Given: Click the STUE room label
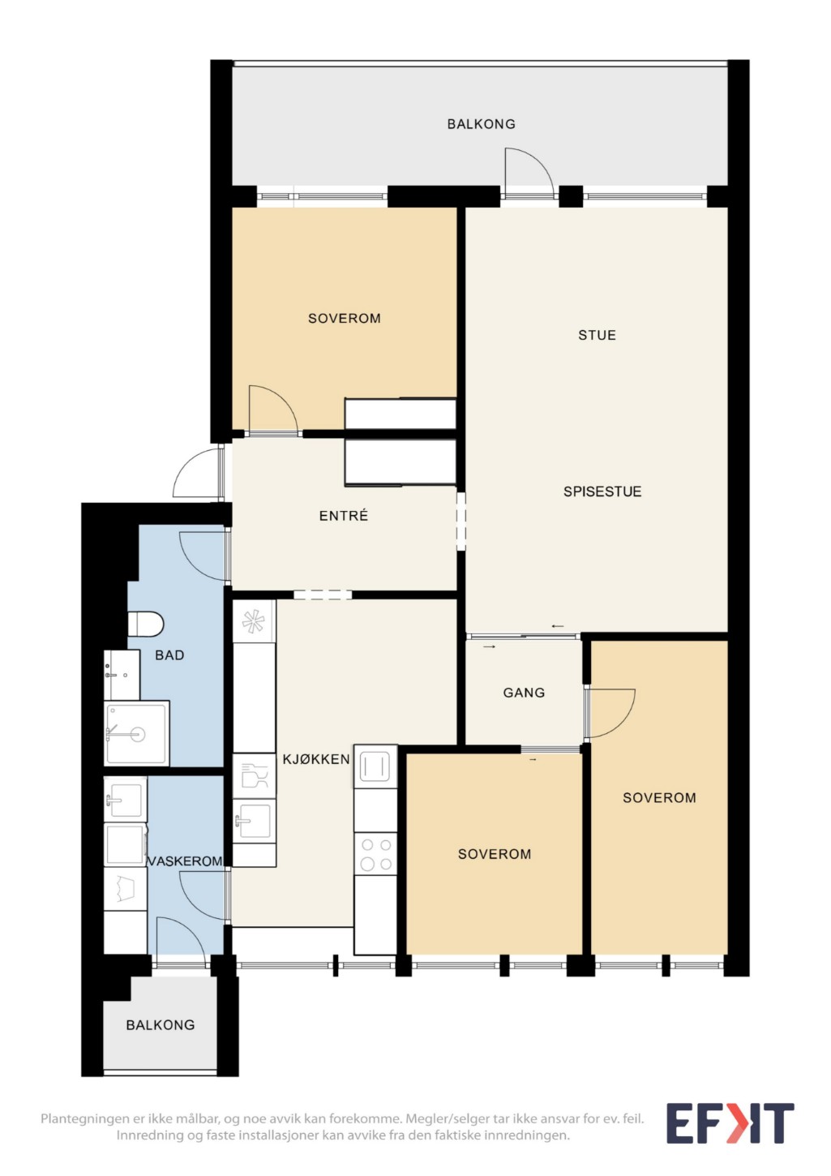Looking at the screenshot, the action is [x=597, y=335].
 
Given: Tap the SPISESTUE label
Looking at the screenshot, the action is [x=602, y=491].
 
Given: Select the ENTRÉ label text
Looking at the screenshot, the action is [x=343, y=516].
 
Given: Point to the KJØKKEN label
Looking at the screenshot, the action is [x=316, y=759].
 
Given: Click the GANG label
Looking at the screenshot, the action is [x=524, y=693].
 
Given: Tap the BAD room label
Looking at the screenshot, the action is [x=169, y=655].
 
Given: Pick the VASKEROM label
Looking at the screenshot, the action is [x=185, y=861].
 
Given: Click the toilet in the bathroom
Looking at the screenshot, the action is [x=145, y=624].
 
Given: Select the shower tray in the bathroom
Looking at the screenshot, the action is [x=136, y=733].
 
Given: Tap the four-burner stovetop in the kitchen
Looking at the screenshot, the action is [x=375, y=854].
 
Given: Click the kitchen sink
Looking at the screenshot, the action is [x=254, y=821].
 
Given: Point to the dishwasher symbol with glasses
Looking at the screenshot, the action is [x=254, y=776].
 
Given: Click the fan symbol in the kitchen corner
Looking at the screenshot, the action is [x=254, y=621].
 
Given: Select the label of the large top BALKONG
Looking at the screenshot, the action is [x=481, y=124].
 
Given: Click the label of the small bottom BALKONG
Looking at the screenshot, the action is [x=160, y=1025].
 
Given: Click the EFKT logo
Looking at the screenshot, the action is [x=730, y=1123].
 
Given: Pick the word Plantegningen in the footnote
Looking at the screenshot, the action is [x=84, y=1118].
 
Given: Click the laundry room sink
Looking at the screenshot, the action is [x=125, y=800].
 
